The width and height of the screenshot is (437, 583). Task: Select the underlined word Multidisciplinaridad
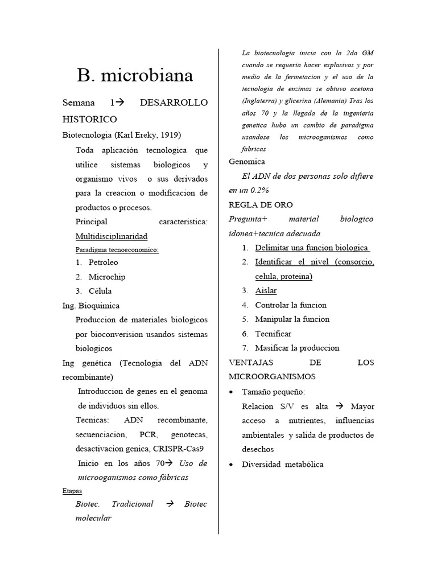[x=112, y=236]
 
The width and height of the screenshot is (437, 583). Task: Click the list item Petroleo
[x=104, y=262]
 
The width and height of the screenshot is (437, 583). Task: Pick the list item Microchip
[x=107, y=277]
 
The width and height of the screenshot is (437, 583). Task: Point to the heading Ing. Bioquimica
[x=91, y=306]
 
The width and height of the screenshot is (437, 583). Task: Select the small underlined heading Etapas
[x=72, y=490]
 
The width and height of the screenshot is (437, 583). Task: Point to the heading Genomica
[x=247, y=162]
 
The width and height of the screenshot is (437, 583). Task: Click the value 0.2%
[x=258, y=190]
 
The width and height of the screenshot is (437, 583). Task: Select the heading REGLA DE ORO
[x=261, y=204]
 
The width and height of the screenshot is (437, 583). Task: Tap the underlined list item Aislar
[x=266, y=290]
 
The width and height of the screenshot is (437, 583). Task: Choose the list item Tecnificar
[x=273, y=334]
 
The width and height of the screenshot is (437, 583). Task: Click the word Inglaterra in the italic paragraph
[x=262, y=101]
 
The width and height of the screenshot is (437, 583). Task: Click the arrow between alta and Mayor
[x=340, y=407]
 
